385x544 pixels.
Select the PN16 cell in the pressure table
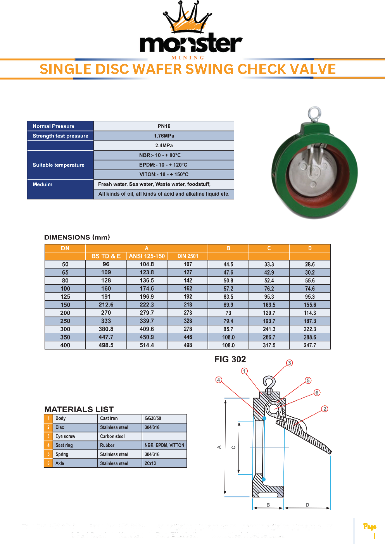[164, 126]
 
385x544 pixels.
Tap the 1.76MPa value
[164, 136]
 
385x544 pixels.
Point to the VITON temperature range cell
[164, 174]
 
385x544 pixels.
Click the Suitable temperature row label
[59, 165]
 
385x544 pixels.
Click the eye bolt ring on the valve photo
[314, 114]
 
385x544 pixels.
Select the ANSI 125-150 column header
[147, 256]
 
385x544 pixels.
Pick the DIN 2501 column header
[188, 256]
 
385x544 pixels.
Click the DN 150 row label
[65, 305]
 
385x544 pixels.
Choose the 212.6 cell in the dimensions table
[106, 305]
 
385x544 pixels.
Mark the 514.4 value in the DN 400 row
[147, 345]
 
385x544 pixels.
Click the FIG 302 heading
[230, 359]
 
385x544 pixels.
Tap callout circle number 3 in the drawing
[290, 363]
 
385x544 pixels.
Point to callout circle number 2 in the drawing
[325, 409]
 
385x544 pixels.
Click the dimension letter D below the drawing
[307, 505]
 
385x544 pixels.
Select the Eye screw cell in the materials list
[66, 436]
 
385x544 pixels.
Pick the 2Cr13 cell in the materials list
[150, 463]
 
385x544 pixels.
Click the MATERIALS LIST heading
[79, 409]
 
